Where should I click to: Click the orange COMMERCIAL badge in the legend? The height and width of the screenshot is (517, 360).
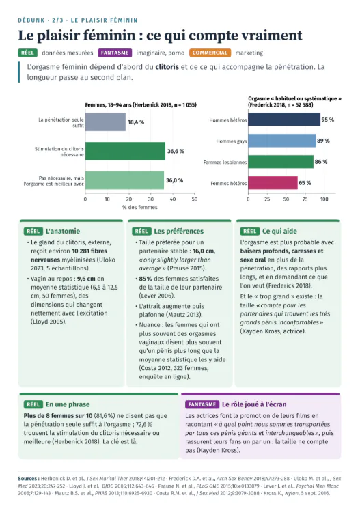(x=210, y=53)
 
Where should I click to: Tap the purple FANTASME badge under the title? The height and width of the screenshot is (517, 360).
(x=115, y=53)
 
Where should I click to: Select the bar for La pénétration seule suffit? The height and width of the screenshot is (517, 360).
(x=105, y=122)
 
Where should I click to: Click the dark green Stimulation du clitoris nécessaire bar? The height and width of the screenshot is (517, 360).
(x=125, y=151)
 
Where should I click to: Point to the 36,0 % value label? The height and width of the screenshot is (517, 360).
(x=174, y=180)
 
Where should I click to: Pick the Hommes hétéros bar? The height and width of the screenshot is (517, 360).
(x=284, y=120)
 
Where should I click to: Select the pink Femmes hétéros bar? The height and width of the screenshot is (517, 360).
(x=273, y=182)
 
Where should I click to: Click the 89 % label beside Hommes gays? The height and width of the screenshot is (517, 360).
(x=323, y=141)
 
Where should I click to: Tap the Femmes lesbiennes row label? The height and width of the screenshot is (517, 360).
(x=225, y=163)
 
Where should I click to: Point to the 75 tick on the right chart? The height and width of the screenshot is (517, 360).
(x=305, y=199)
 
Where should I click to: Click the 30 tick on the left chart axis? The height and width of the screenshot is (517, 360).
(x=151, y=199)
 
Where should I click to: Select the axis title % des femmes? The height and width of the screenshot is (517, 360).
(x=140, y=207)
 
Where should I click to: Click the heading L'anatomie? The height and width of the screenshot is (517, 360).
(x=63, y=231)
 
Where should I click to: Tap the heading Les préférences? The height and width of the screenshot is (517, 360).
(x=179, y=231)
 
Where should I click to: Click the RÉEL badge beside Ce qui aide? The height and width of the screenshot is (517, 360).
(x=249, y=231)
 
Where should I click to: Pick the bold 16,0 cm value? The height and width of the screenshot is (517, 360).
(x=204, y=251)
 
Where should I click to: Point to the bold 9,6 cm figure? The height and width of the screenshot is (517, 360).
(x=86, y=279)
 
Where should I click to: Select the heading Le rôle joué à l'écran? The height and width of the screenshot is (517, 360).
(x=254, y=404)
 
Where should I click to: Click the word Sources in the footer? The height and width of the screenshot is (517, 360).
(x=27, y=479)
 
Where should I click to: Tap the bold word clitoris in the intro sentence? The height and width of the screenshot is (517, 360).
(x=167, y=67)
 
